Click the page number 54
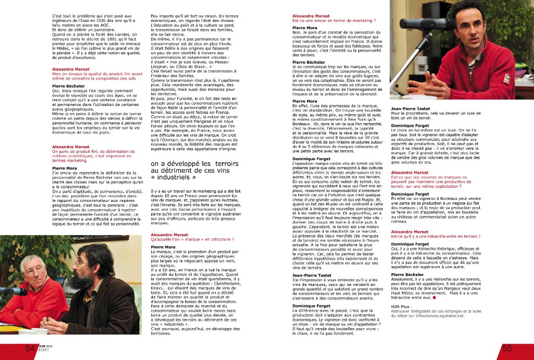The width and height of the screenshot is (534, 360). (30, 348)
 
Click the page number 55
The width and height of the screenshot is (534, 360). (506, 348)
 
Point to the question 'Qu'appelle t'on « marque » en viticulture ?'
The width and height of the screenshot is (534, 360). (192, 239)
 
